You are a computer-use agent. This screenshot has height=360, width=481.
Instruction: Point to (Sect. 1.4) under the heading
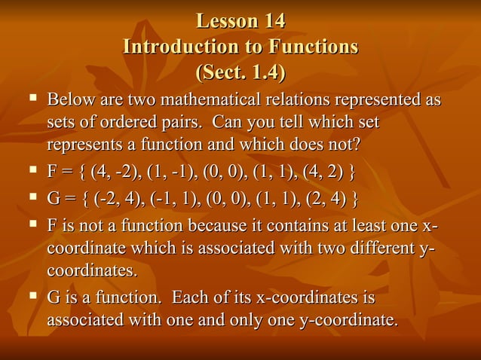(x=240, y=74)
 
